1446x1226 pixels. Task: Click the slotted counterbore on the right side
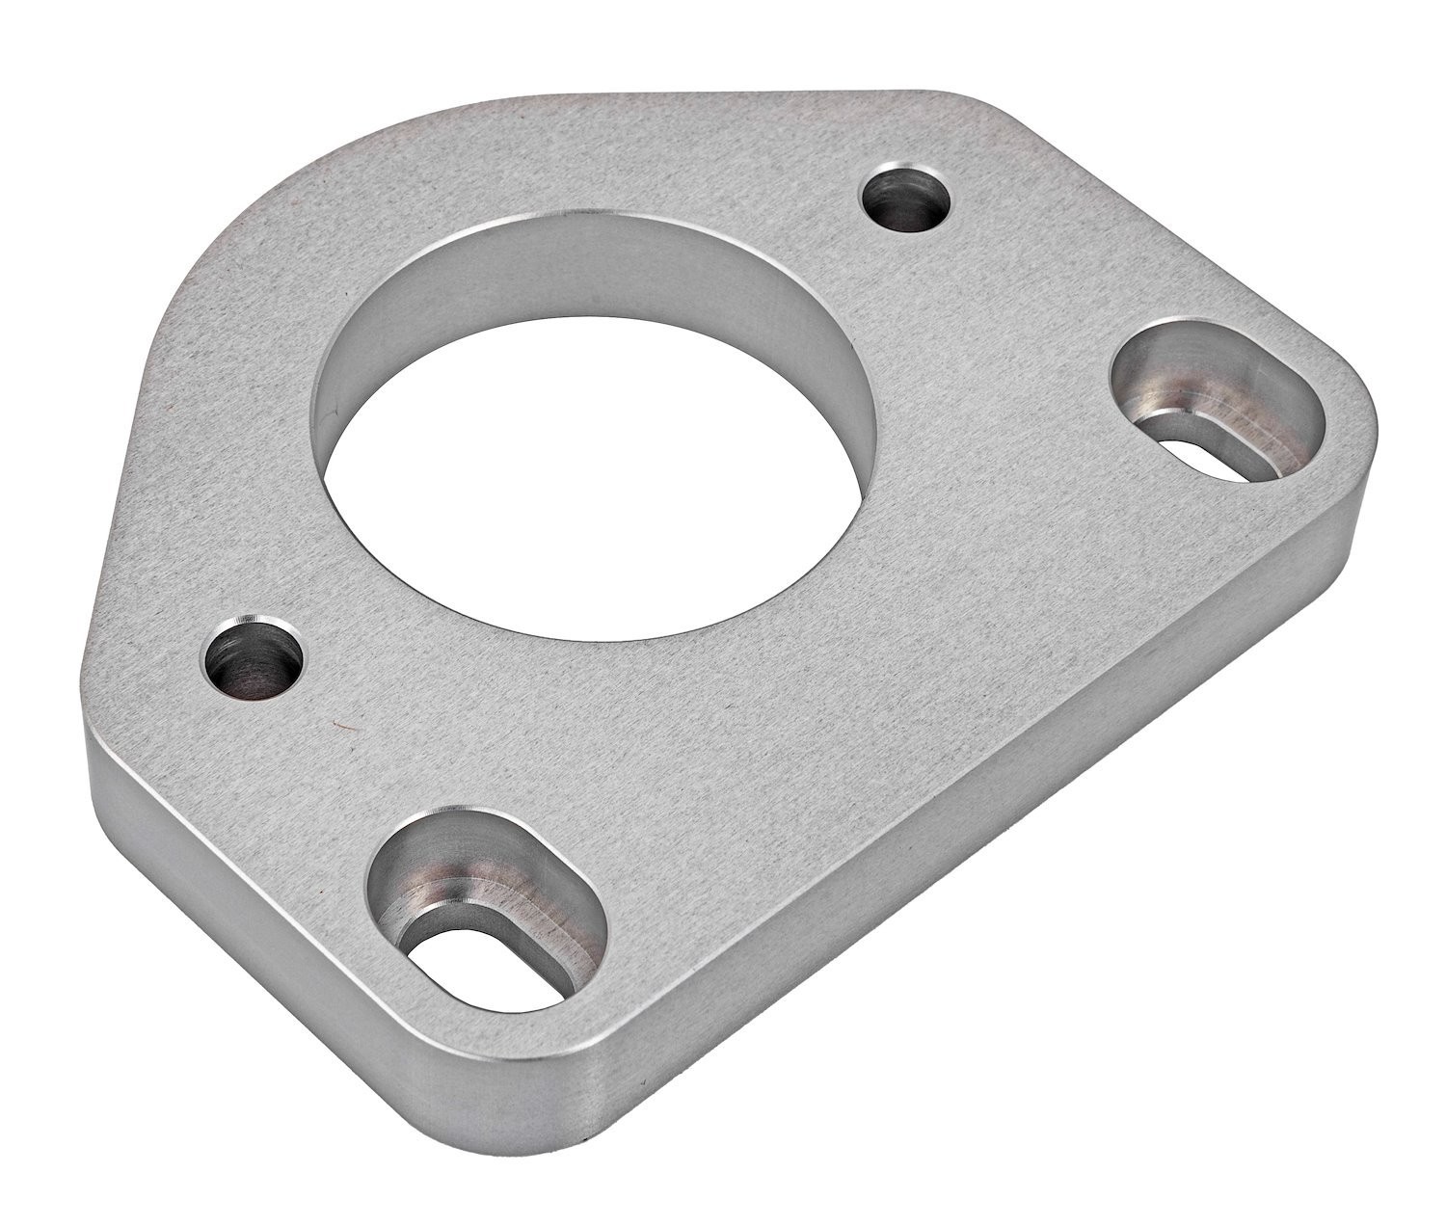pos(1216,400)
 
